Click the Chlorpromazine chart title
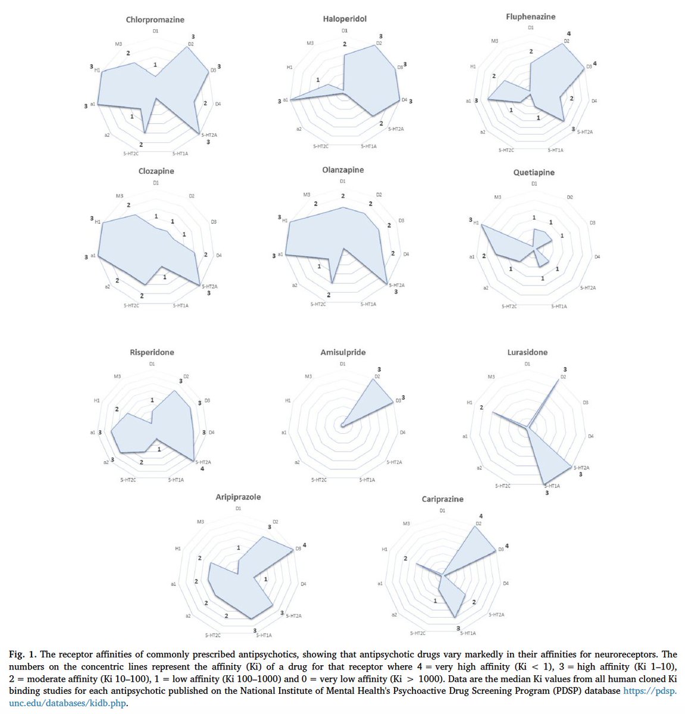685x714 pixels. click(154, 20)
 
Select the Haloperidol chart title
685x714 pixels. click(345, 18)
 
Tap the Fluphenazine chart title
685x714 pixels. click(530, 17)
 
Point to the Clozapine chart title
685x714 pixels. click(156, 171)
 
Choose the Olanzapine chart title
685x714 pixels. click(343, 170)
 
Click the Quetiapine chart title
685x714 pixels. click(534, 173)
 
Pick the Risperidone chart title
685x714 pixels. click(152, 352)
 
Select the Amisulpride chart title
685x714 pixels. click(342, 352)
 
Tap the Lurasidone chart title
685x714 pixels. click(527, 352)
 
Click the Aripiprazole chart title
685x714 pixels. click(237, 497)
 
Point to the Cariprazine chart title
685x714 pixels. click(442, 499)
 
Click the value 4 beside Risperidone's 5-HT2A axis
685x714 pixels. click(202, 469)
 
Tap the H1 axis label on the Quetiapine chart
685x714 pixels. click(476, 223)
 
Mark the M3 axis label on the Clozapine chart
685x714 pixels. click(120, 196)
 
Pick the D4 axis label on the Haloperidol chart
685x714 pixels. click(405, 100)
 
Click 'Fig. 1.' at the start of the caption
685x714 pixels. click(21, 654)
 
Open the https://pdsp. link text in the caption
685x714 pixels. click(649, 690)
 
